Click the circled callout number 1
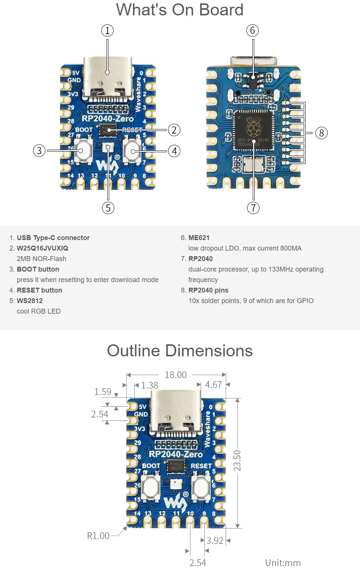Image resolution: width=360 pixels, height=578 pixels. point(107,31)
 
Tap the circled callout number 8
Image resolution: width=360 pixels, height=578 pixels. point(321,133)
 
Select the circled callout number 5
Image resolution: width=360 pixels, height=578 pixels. point(108,208)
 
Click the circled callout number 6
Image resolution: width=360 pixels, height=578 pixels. point(252,31)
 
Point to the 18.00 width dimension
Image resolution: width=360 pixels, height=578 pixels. point(175,375)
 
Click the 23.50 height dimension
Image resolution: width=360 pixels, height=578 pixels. point(237,461)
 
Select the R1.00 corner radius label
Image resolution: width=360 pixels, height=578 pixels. point(98,536)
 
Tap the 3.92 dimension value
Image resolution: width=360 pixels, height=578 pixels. point(215,540)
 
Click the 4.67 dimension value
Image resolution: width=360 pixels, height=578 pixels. point(213,384)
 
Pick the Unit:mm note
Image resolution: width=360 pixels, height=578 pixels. point(283,563)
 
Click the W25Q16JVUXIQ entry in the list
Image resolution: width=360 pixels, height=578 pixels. point(42,248)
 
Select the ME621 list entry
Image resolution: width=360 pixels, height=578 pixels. point(199,238)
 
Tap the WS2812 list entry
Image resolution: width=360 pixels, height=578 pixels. point(30,301)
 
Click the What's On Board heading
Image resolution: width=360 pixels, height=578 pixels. point(180,10)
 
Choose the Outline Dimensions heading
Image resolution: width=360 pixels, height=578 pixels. point(180,351)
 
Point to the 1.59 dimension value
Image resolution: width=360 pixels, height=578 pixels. point(103,392)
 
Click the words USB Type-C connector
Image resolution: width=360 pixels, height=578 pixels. point(53,238)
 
